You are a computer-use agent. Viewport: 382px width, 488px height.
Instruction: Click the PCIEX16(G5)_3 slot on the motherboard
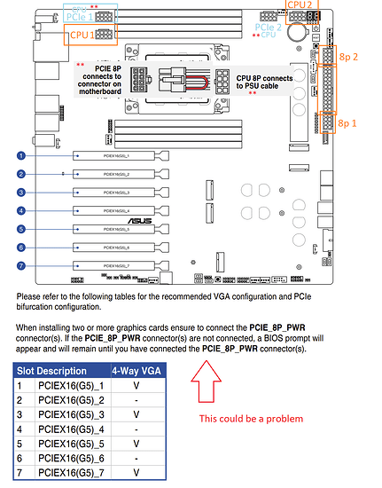[121, 192]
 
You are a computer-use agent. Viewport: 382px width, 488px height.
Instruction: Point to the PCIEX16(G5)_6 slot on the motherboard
[121, 247]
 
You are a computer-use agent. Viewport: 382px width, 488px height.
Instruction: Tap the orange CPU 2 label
[300, 4]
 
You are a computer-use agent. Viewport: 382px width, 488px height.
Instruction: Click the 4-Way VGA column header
[136, 370]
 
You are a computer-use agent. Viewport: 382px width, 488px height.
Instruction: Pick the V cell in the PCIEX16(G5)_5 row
[136, 444]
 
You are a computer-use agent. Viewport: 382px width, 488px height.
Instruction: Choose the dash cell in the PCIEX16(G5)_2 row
[136, 401]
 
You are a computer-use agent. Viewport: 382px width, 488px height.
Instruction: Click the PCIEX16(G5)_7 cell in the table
[71, 474]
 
